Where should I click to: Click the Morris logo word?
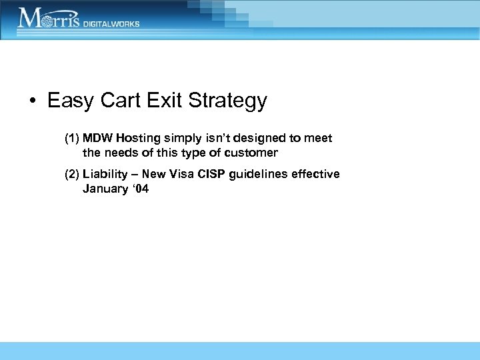click(49, 18)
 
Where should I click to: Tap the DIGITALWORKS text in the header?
click(111, 23)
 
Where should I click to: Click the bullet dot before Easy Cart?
click(31, 101)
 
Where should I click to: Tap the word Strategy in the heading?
click(228, 101)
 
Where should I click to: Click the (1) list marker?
click(72, 138)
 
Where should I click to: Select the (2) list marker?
click(72, 174)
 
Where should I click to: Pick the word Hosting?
click(139, 138)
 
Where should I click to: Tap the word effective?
click(317, 174)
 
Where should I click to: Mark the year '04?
click(141, 189)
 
